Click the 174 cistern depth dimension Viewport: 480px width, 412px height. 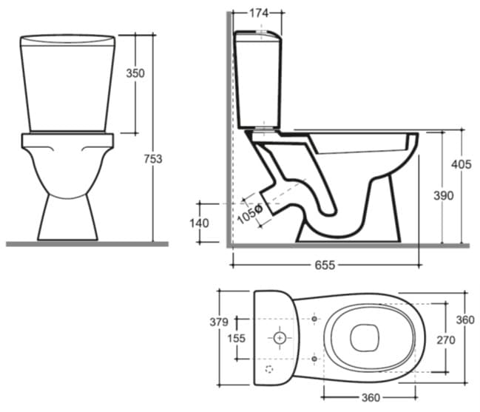click(x=258, y=13)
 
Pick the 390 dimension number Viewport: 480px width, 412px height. click(x=443, y=195)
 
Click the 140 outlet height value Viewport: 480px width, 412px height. click(x=200, y=223)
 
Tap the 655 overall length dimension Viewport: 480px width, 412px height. click(x=325, y=265)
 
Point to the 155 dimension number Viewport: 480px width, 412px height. click(x=236, y=338)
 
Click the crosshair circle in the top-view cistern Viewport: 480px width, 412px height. click(x=280, y=338)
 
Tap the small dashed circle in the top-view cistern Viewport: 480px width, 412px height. click(x=269, y=368)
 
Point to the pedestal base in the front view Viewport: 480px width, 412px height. click(x=67, y=222)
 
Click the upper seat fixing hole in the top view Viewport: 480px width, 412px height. click(x=315, y=318)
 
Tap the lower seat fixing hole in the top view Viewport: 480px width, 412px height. click(x=315, y=358)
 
